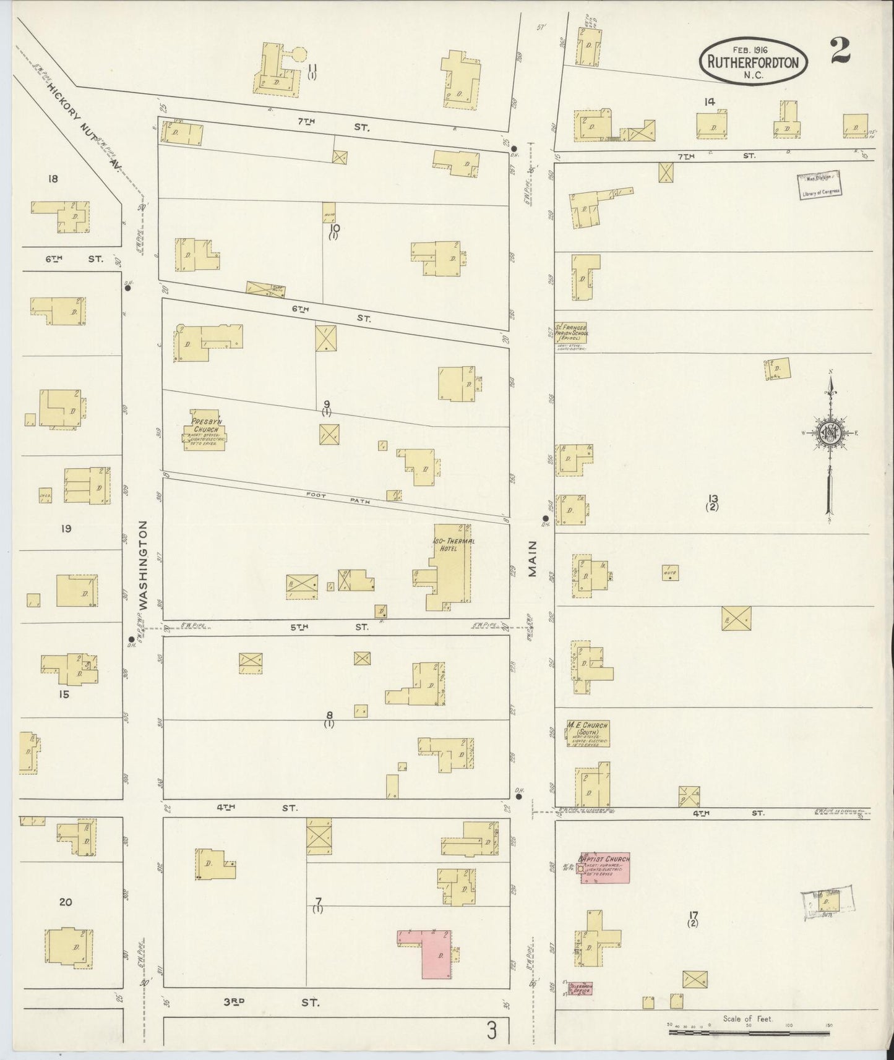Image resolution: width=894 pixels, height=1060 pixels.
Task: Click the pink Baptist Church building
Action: click(604, 868)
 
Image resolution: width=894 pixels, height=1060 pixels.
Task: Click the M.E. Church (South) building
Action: click(588, 733)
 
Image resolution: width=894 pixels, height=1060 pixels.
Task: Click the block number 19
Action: click(66, 528)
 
